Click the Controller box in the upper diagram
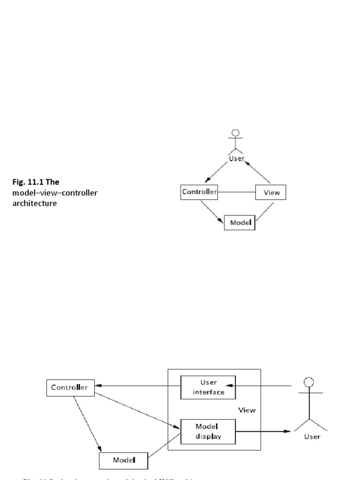coord(199,192)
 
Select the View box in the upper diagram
coord(270,193)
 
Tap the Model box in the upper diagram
coord(240,223)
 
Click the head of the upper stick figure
coord(236,133)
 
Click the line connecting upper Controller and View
coord(236,192)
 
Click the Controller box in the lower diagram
coord(69,387)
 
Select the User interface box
coord(208,387)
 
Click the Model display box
coord(208,431)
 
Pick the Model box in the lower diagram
coord(124,460)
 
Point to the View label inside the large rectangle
coord(247,410)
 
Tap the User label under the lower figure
coord(312,437)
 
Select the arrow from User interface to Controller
coord(138,386)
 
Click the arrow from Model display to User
coord(262,431)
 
